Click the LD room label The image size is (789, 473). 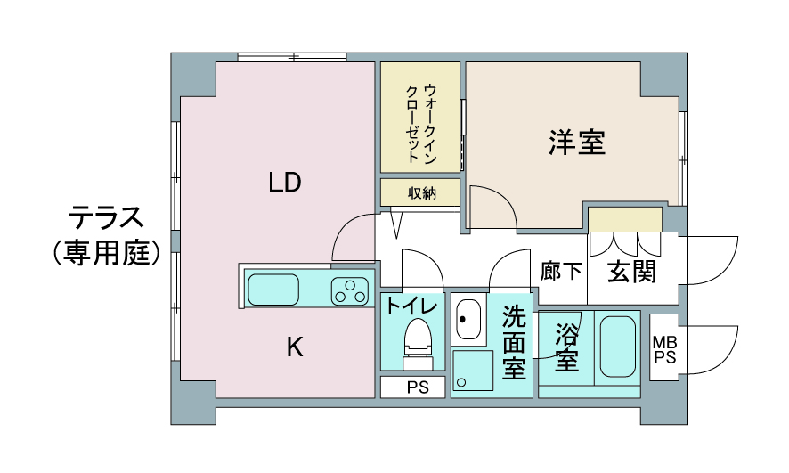coord(285,182)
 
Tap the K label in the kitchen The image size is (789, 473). coord(295,347)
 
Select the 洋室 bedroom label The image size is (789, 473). coord(577,142)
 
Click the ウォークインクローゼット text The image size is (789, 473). coord(421,124)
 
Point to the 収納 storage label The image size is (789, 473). coord(422,192)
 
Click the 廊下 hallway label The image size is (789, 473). coord(560,271)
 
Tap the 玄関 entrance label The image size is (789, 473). coord(632,272)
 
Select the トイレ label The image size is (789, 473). coord(411,306)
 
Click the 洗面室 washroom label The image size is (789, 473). coord(514,343)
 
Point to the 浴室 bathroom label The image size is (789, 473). coord(566,347)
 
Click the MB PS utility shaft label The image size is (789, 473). coord(664,350)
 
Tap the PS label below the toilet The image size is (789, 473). coord(418,387)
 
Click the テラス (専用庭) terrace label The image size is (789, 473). coord(106,235)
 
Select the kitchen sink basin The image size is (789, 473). coord(273,290)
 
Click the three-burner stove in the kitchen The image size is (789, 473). coord(349,291)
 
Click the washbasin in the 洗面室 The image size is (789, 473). coord(468,320)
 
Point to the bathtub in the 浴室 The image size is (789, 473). coord(617,347)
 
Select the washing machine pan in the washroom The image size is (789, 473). coord(473,371)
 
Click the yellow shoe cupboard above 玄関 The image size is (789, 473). coord(625,219)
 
